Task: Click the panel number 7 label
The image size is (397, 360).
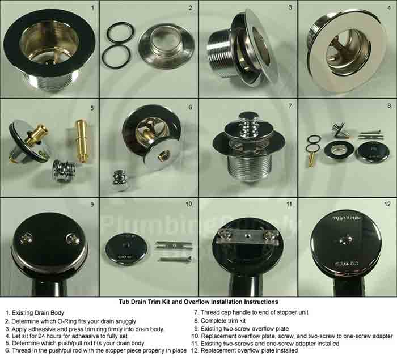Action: click(x=290, y=106)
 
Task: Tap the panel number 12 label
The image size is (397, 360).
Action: click(x=387, y=204)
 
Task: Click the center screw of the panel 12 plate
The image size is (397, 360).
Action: click(x=347, y=240)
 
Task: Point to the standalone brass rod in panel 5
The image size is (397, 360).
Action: click(x=82, y=141)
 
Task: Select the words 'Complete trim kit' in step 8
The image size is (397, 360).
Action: click(x=223, y=321)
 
